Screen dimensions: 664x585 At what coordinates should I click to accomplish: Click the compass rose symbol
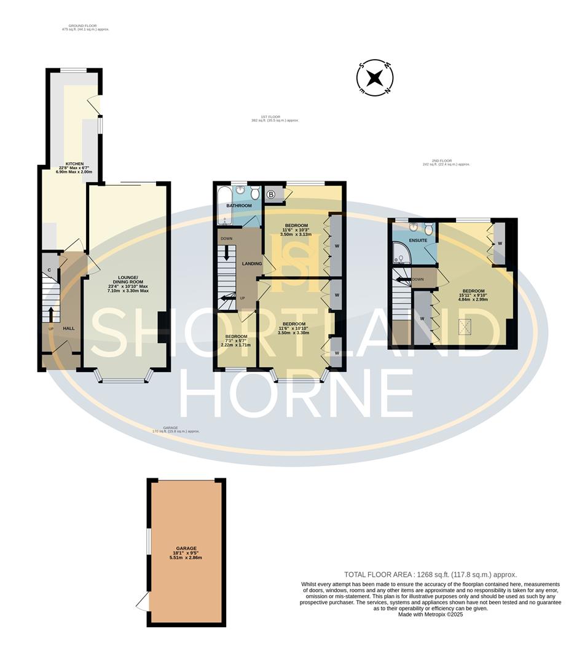(x=375, y=78)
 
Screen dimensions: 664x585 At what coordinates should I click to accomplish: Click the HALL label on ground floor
(x=68, y=328)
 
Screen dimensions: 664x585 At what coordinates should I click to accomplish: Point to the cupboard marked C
(x=48, y=271)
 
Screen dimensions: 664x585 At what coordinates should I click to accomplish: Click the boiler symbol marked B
(x=271, y=195)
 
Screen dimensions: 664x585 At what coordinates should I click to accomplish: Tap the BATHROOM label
(x=238, y=205)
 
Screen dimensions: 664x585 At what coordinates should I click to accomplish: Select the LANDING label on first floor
(x=252, y=264)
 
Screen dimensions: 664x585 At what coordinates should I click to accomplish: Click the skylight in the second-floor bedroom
(x=465, y=326)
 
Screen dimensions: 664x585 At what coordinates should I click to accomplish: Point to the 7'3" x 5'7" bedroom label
(x=236, y=340)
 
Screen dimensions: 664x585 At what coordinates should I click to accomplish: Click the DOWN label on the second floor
(x=418, y=279)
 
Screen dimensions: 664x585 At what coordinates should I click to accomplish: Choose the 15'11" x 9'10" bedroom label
(x=473, y=294)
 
